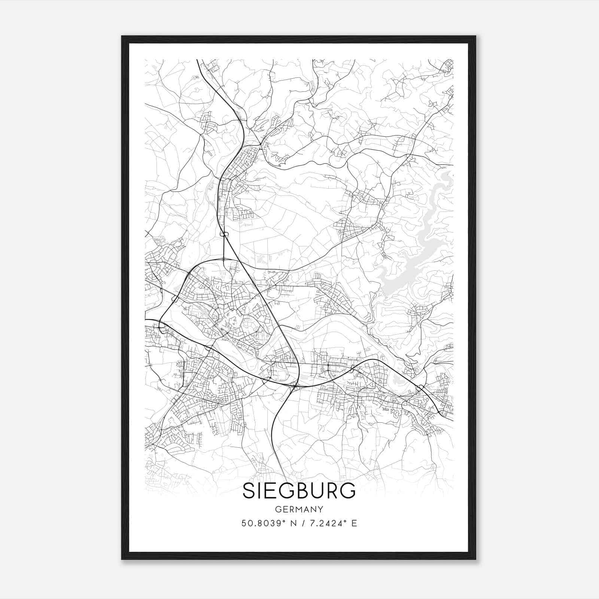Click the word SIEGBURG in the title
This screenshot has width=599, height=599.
(299, 491)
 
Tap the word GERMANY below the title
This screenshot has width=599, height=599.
(299, 510)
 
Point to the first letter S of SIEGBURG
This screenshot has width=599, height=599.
(249, 491)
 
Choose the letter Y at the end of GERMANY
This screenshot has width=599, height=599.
(320, 510)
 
